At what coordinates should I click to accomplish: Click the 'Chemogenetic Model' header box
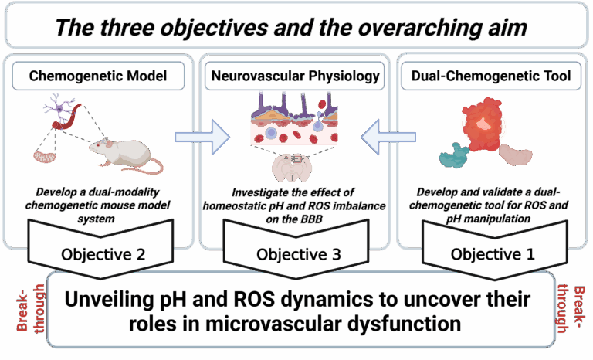coord(98,76)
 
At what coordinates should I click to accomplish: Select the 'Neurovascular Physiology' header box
coord(295,76)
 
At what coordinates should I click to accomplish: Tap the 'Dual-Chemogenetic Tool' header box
coord(491,76)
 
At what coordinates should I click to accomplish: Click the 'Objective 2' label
coord(103,254)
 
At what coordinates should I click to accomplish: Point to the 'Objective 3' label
coord(298,254)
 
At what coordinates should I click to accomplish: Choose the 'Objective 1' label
coord(493,254)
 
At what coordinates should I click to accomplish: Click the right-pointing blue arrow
coord(202,137)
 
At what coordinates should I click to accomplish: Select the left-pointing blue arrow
coord(388,137)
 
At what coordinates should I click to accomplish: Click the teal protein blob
coord(454,155)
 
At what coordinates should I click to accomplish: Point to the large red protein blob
coord(483,124)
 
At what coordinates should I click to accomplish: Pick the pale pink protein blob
coord(516,155)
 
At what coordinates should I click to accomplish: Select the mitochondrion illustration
coord(45,157)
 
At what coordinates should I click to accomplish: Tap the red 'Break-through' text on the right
coord(571,309)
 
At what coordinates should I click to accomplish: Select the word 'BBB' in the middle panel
coord(309,219)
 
